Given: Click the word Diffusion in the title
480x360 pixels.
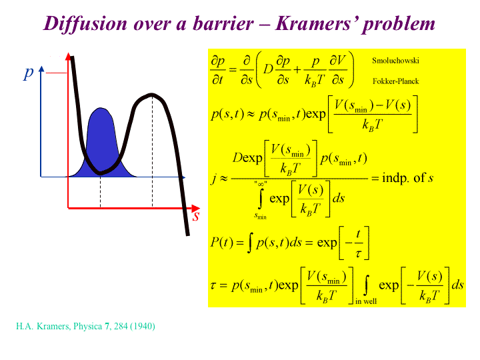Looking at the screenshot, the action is coord(85,23).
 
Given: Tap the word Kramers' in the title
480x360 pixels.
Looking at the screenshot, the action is coord(315,23).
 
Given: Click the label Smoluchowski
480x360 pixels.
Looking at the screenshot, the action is coord(395,61).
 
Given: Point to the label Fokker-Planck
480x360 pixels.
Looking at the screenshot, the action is coord(395,81).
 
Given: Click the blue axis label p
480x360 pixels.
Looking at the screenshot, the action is coord(29,73).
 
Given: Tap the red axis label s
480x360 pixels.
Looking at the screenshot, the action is coord(196,216).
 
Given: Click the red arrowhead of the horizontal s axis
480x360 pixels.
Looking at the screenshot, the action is coord(196,209).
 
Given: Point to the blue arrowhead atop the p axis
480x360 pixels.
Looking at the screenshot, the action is coord(41,69).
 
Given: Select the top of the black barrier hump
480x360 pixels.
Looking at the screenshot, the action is coord(152,95).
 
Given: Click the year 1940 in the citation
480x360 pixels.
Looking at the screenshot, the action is coord(143,326).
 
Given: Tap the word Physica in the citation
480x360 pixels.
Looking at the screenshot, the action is coord(87,326).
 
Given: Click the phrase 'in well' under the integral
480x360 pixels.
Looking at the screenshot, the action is coord(366,301).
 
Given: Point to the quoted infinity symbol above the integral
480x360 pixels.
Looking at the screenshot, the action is coord(261,184).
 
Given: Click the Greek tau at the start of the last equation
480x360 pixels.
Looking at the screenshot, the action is coord(213,286).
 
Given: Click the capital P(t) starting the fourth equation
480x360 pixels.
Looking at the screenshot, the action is coord(222,243).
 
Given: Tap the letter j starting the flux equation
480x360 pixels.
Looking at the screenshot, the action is coord(214,179).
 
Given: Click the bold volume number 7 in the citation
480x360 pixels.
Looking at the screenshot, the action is coord(107,326).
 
